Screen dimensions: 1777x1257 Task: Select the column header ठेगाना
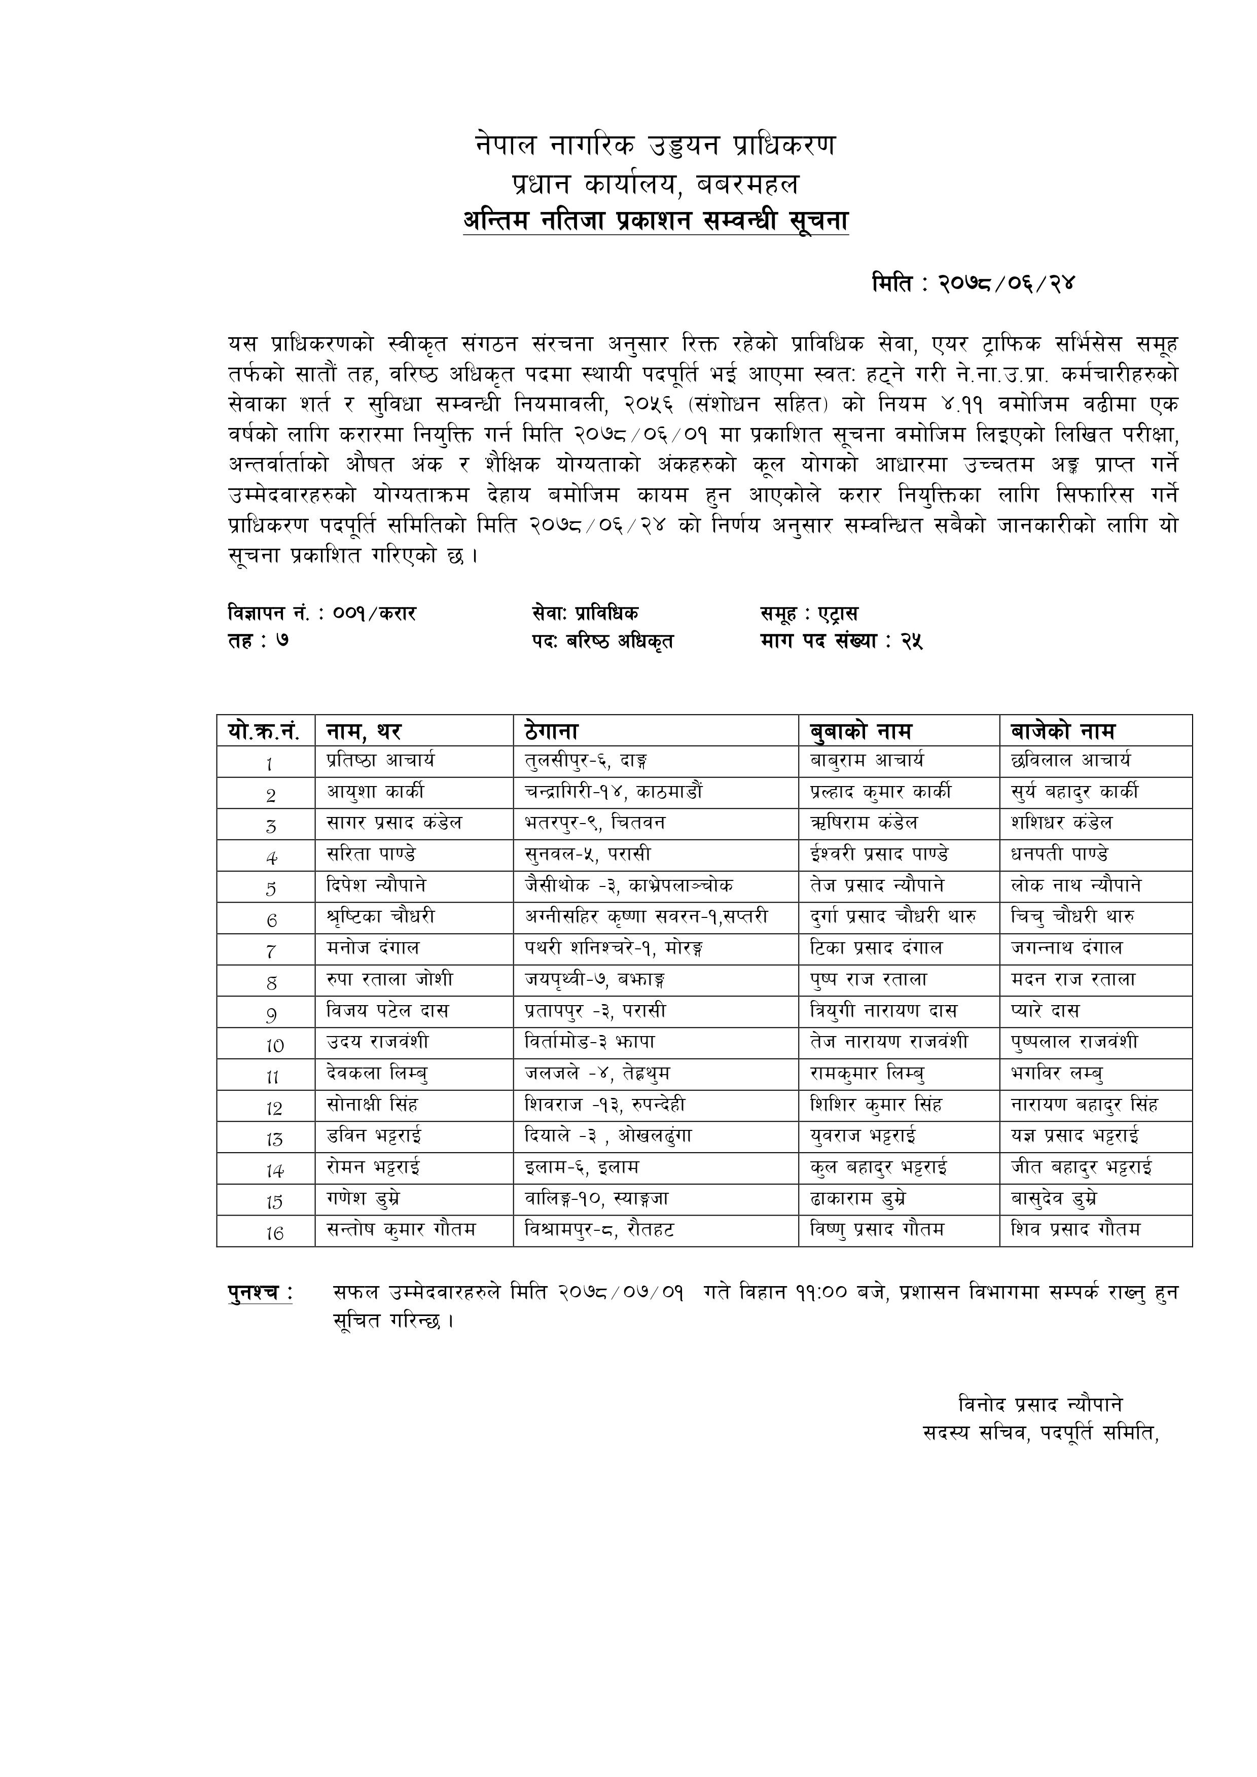[551, 731]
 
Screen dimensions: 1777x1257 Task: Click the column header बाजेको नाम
[1063, 731]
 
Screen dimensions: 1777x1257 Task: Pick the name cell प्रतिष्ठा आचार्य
[380, 761]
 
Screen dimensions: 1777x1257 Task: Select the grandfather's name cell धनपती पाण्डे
[1060, 855]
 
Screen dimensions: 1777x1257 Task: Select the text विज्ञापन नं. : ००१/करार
[322, 614]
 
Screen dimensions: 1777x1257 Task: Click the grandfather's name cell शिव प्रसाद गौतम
[1076, 1230]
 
